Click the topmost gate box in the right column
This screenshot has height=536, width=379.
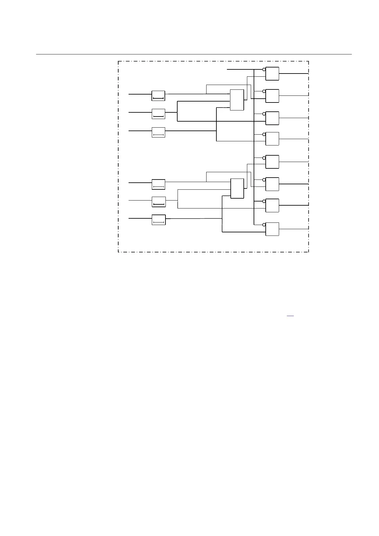[x=272, y=74]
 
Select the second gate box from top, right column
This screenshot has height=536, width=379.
[x=272, y=96]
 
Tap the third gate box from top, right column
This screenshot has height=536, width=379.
[x=272, y=118]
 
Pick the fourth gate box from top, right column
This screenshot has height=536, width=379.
[x=272, y=138]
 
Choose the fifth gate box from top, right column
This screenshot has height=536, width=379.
[x=272, y=162]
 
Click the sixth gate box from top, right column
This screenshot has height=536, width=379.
[x=272, y=184]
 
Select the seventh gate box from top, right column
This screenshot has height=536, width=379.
[x=272, y=205]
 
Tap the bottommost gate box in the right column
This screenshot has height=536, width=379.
[x=272, y=229]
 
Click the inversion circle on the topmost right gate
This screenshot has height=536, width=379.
[x=264, y=69]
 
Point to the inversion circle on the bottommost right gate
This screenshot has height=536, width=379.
[x=264, y=225]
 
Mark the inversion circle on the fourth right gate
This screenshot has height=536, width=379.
[x=264, y=134]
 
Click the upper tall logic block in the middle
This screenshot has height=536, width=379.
[x=237, y=100]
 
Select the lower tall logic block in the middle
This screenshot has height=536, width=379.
[x=237, y=188]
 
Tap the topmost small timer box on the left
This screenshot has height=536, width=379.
[x=158, y=96]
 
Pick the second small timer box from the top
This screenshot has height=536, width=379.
[x=158, y=114]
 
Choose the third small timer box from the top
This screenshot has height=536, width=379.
[x=158, y=132]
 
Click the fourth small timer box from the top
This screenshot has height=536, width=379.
[x=158, y=184]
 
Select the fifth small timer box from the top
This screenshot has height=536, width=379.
[x=158, y=201]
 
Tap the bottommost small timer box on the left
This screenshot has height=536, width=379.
[x=158, y=220]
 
